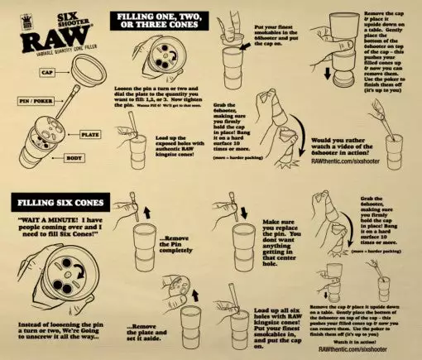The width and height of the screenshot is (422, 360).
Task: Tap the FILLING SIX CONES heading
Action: (x=54, y=202)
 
